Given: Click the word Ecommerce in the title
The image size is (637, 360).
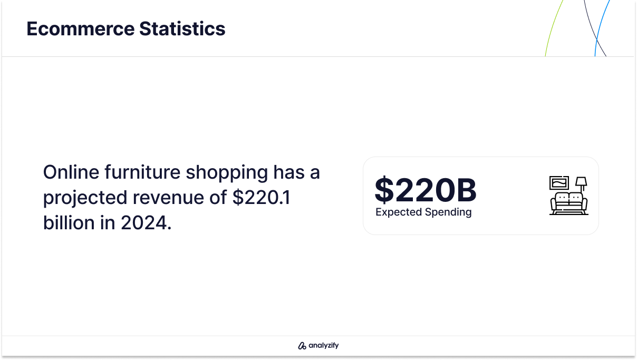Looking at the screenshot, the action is (x=81, y=28).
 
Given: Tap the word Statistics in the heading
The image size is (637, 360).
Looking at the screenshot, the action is (x=182, y=28).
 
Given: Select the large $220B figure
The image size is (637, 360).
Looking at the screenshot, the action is (x=426, y=190).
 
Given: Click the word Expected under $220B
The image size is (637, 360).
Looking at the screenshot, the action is (x=399, y=212).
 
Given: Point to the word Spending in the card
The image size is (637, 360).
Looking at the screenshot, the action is (x=448, y=212).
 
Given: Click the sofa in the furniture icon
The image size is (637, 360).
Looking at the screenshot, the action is (x=569, y=203).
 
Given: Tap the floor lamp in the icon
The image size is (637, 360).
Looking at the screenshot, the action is (x=582, y=184).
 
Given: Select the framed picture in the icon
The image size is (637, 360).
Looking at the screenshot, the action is (x=559, y=183).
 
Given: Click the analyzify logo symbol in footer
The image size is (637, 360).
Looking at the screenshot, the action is (x=302, y=346).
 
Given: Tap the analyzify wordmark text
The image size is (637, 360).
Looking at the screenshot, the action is (x=324, y=345).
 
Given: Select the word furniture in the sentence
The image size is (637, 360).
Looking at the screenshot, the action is (x=142, y=172).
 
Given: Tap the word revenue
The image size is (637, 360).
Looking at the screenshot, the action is (x=168, y=198).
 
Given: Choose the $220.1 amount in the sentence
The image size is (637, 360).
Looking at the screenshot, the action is (x=262, y=198).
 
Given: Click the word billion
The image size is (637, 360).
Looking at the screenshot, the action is (x=69, y=222).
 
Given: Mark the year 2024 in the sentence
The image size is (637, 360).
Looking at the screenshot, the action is (x=143, y=222).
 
